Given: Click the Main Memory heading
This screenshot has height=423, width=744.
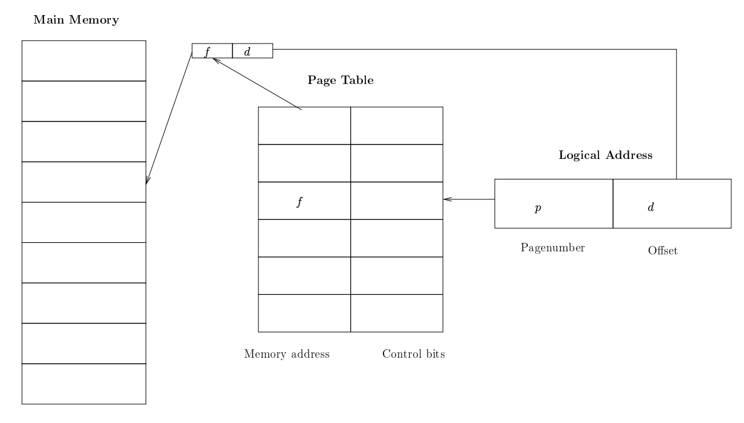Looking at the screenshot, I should point(75,20).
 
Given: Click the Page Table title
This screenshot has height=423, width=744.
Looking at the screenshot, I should point(341,80).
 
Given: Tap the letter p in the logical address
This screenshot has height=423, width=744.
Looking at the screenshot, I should point(538,208).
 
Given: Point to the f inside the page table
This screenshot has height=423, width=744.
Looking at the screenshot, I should point(298,201).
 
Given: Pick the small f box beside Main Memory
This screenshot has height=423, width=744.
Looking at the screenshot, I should point(212,51).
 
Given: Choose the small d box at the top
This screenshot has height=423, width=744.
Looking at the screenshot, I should point(252,51).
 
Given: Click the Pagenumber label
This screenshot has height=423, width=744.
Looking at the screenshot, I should point(553,247).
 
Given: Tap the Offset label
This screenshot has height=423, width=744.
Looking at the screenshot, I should point(662,251).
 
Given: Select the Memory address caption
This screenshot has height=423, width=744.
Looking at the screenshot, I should point(287,354).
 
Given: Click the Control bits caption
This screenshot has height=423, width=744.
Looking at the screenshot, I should point(414,354).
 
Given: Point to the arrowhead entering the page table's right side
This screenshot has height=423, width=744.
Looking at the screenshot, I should point(446,199).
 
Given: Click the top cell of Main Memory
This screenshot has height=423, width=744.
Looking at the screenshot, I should point(84,60).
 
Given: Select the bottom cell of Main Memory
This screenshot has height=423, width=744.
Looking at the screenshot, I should point(84,384).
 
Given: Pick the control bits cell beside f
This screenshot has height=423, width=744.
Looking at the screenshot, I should point(397,201).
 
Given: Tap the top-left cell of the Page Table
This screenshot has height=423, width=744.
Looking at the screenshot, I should point(304,126).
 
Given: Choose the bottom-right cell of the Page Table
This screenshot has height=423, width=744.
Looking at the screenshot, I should point(397,313).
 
